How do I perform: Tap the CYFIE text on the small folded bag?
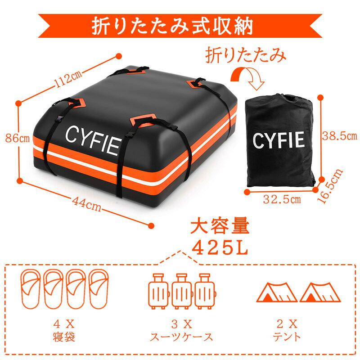click(x=279, y=140)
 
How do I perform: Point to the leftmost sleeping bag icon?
click(x=30, y=289)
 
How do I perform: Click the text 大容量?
click(x=219, y=226)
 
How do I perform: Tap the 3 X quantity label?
click(x=181, y=323)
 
